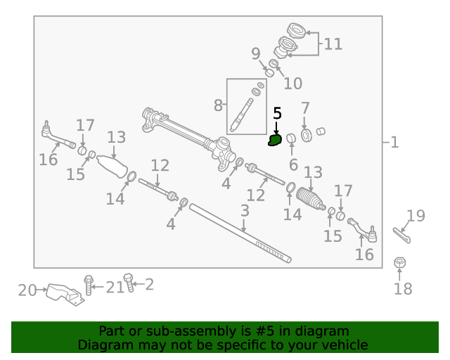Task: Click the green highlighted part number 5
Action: point(275,141)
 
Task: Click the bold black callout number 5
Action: point(277,112)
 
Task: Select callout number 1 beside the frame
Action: point(394,143)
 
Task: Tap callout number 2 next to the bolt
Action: point(148,285)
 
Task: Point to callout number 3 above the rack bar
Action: point(245,210)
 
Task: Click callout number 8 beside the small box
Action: point(218,105)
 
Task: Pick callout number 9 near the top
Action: point(255,53)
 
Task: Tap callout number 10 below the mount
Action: point(292,84)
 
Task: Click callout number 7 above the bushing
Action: point(304,109)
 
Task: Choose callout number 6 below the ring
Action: point(293,164)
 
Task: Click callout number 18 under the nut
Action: point(404,288)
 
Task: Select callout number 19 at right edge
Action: point(416,216)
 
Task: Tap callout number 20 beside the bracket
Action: point(27,289)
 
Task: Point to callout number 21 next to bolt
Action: point(115,287)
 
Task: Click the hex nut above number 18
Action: point(399,263)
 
